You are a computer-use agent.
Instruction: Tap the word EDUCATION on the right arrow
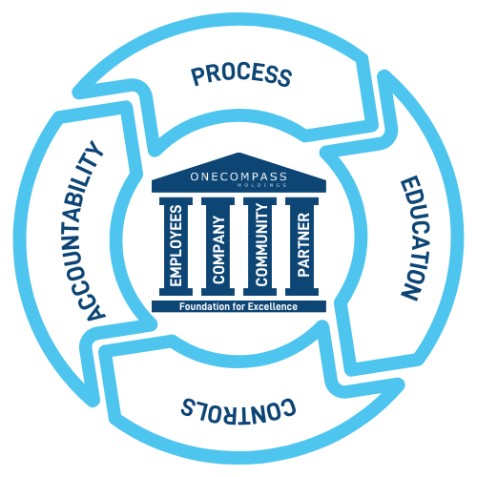[x=407, y=238]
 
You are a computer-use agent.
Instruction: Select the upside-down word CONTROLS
[x=238, y=408]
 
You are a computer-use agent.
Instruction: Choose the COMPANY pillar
[x=218, y=246]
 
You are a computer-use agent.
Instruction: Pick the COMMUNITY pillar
[x=259, y=246]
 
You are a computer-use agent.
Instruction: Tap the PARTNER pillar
[x=301, y=246]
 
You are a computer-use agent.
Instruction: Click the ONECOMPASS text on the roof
[x=238, y=176]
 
